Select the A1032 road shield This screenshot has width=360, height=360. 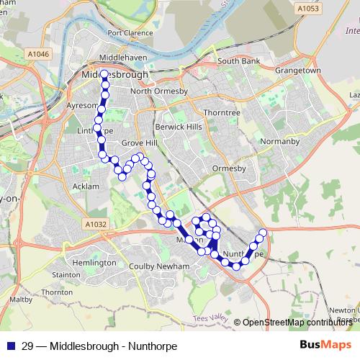(x=96, y=225)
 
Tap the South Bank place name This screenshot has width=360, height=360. (x=238, y=61)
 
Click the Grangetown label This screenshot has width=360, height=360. (x=298, y=71)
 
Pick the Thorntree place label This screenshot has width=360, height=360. (x=220, y=112)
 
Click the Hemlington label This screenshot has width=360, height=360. (x=94, y=263)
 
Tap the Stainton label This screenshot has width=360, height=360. (x=66, y=274)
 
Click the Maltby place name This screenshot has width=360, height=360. (x=19, y=299)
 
